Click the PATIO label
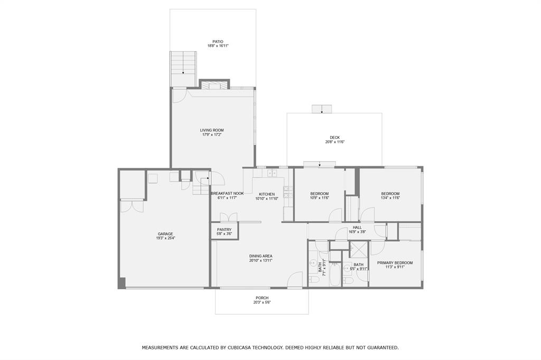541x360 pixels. click(x=218, y=42)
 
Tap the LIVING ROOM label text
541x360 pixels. click(x=211, y=130)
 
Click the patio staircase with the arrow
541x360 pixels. click(x=183, y=63)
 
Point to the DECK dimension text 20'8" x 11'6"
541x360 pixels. click(x=334, y=142)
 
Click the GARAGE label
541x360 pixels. click(x=165, y=234)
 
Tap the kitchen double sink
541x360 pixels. click(x=272, y=173)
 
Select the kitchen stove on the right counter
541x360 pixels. click(x=288, y=193)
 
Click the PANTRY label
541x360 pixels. click(x=224, y=230)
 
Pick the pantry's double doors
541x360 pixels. click(x=228, y=217)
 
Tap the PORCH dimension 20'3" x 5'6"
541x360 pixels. click(x=262, y=302)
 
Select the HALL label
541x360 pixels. click(x=357, y=227)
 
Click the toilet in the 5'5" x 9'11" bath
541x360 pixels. click(x=348, y=280)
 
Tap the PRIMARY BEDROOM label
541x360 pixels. click(x=395, y=262)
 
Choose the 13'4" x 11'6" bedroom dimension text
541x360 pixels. click(x=390, y=198)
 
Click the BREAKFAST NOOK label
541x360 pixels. click(x=227, y=194)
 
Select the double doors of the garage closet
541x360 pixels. click(x=132, y=205)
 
